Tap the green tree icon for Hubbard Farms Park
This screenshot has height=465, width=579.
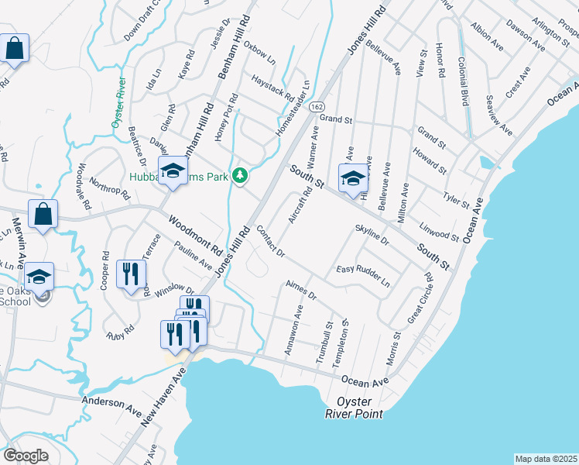click(241, 176)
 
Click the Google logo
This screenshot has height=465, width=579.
click(26, 456)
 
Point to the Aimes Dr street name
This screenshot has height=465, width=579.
click(301, 291)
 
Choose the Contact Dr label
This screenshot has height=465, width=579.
click(270, 243)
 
